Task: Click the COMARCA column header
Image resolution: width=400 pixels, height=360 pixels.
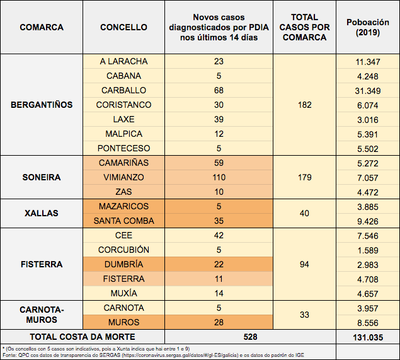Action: pos(42,27)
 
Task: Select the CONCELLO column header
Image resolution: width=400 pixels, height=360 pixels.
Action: pos(124,27)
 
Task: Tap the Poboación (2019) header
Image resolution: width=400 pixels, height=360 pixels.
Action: pos(368,27)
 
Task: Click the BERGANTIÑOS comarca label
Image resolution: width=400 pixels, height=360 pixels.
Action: pos(42,105)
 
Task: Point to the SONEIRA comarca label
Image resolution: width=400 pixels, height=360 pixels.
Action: pos(42,177)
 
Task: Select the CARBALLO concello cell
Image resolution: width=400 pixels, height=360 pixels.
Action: pos(124,90)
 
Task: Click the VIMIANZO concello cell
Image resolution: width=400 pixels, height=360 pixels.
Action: pos(124,177)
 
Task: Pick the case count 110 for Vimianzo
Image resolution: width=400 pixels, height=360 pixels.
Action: pos(219,177)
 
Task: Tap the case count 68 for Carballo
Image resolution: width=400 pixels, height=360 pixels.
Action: pos(219,90)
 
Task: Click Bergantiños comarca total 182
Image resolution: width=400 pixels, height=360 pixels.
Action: pos(305,105)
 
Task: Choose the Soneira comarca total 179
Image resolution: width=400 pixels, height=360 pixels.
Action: pos(305,177)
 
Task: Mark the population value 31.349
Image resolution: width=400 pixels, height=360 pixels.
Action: pos(368,90)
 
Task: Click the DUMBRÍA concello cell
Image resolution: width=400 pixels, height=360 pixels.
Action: pos(124,264)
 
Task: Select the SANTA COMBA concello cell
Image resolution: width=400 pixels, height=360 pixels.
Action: pos(124,221)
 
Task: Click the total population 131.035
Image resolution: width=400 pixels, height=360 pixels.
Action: pos(368,337)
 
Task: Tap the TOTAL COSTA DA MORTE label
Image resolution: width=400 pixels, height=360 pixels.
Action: pos(83,337)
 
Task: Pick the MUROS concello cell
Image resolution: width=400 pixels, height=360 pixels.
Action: pos(124,322)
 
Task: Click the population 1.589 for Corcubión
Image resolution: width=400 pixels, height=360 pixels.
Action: pos(368,250)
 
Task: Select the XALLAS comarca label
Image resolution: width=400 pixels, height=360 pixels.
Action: pos(42,213)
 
